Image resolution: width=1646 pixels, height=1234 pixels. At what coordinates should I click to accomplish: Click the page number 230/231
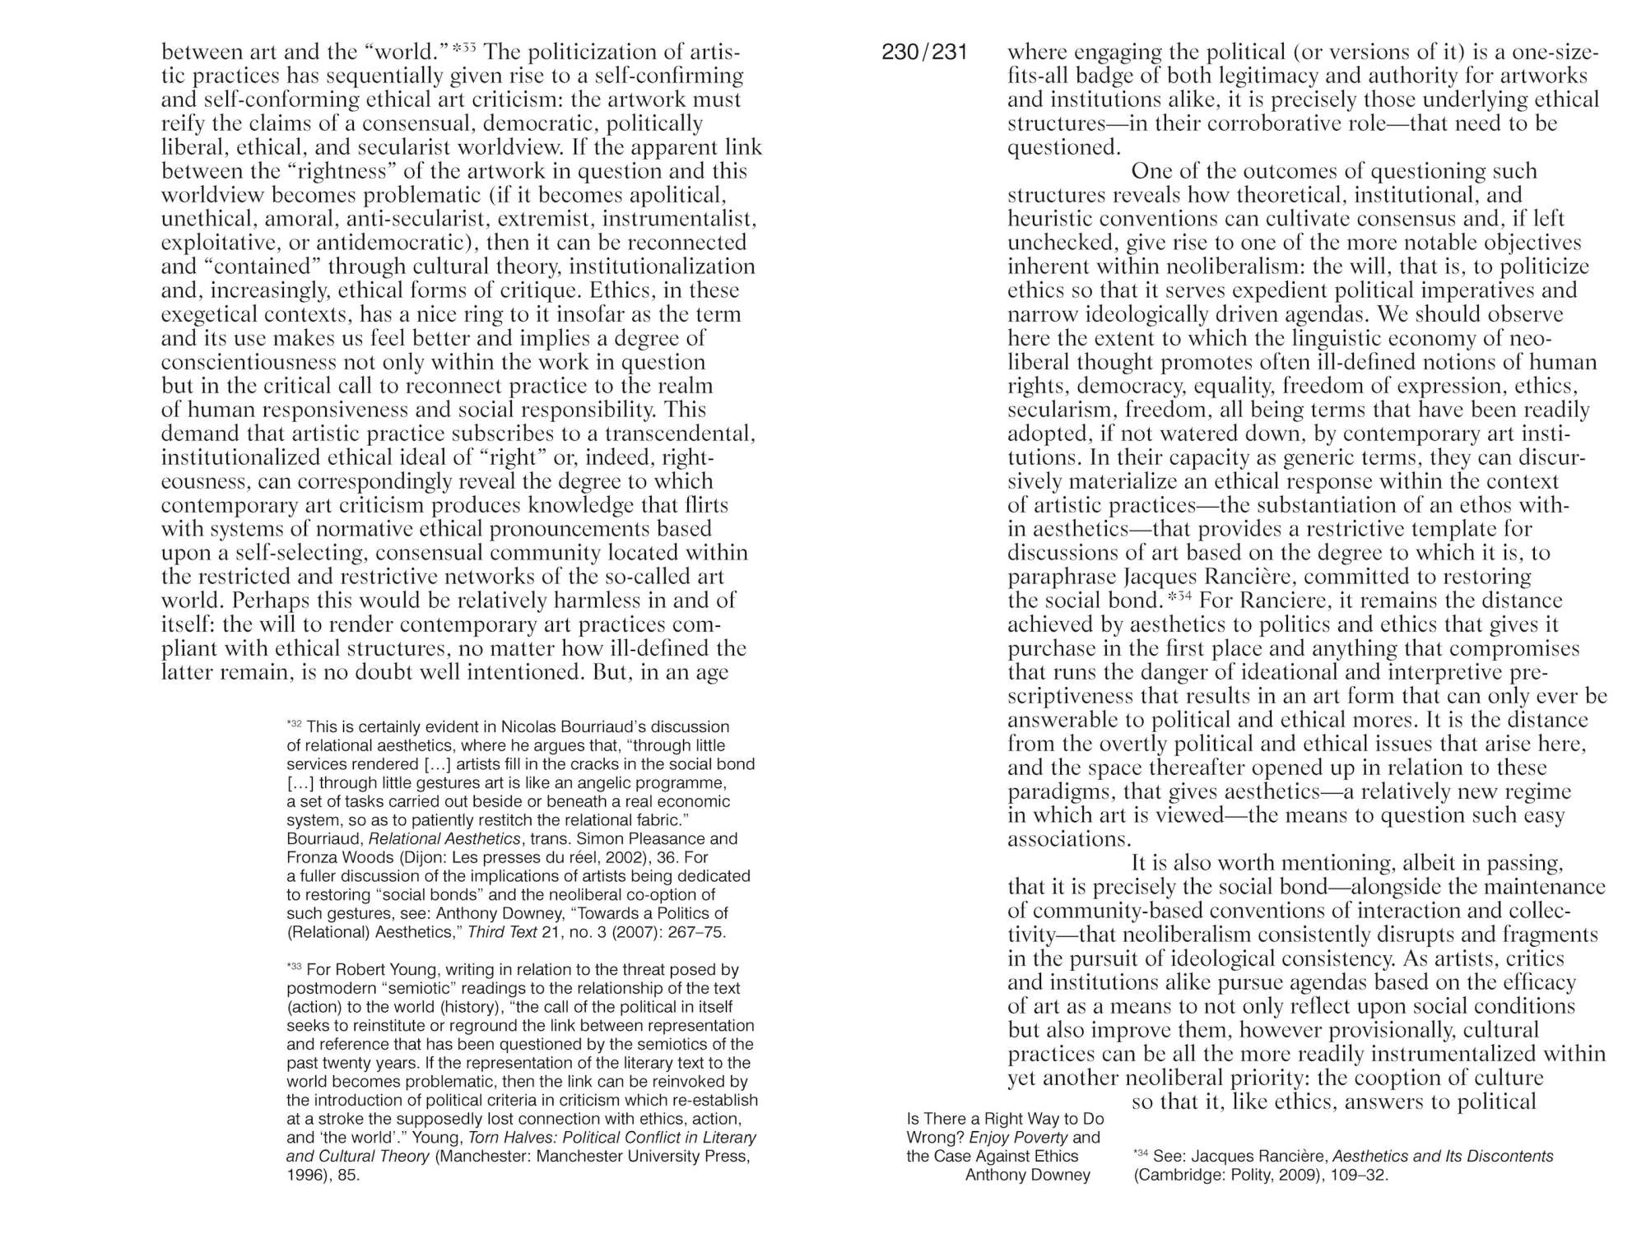click(924, 53)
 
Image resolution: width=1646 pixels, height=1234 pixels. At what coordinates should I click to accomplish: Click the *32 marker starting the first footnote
click(294, 725)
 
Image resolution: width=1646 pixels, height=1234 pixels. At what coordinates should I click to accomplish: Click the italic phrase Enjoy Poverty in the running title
click(1019, 1138)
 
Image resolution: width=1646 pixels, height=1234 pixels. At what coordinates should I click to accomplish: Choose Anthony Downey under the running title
click(1027, 1175)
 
